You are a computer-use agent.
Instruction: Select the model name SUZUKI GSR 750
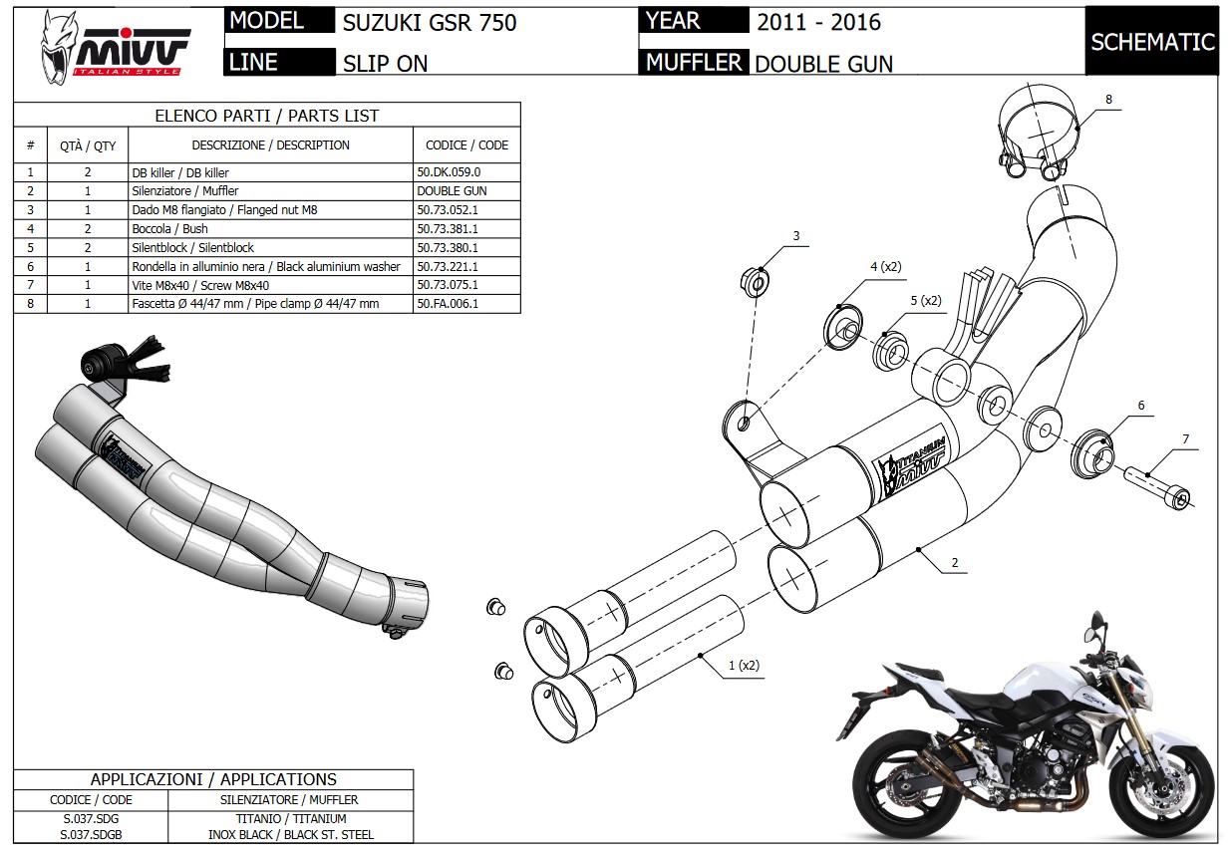point(429,22)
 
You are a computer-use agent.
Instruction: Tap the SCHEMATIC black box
point(1152,42)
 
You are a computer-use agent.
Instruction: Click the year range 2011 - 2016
point(818,21)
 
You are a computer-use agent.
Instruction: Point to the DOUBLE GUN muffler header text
point(823,63)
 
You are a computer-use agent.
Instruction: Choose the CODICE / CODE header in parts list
point(465,145)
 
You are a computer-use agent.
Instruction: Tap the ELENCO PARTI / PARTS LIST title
point(266,116)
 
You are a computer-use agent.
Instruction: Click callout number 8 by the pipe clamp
point(1107,99)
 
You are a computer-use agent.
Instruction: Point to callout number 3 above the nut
point(795,236)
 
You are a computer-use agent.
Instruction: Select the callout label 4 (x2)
point(884,266)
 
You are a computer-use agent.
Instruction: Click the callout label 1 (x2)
point(743,665)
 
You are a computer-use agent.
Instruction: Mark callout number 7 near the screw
point(1185,438)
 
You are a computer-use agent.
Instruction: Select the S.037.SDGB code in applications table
point(91,833)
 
